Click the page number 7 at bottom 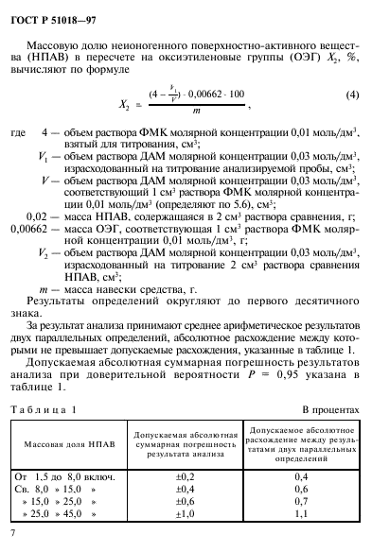click(13, 534)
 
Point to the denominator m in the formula click(196, 111)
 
